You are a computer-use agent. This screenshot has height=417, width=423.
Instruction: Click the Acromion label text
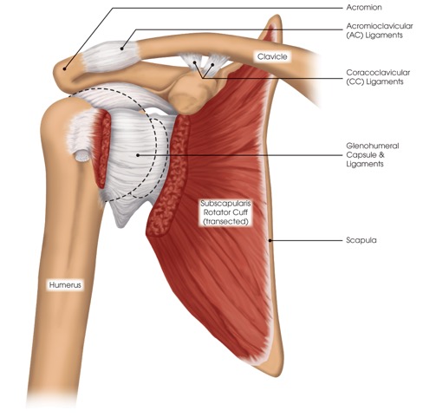(x=364, y=7)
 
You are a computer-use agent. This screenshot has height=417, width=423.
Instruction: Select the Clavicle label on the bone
(x=272, y=56)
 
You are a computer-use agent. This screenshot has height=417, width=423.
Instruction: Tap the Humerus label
(x=65, y=285)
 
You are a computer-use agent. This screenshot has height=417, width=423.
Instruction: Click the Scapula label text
(x=361, y=240)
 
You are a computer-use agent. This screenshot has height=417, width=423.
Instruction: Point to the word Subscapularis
(x=225, y=204)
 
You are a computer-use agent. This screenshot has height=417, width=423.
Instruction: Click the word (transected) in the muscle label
(x=225, y=222)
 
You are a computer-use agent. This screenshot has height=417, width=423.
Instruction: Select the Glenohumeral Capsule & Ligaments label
(x=373, y=155)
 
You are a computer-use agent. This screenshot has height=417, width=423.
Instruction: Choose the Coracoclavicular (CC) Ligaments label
(x=378, y=77)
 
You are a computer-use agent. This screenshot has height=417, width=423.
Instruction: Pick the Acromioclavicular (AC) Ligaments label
(x=380, y=30)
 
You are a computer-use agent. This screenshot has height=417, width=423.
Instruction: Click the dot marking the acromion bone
(x=65, y=68)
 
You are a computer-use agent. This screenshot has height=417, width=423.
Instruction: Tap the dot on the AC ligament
(x=122, y=49)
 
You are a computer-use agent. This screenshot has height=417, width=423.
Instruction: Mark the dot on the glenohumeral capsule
(x=138, y=155)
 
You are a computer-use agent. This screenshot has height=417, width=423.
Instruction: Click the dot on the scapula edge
(x=270, y=240)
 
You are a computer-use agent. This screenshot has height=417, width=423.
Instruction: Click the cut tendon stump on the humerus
(x=81, y=156)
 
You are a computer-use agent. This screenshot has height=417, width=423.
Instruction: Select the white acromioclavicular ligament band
(x=111, y=55)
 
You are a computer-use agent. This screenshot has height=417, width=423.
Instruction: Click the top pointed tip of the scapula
(x=277, y=16)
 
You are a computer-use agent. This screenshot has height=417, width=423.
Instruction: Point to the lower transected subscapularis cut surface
(x=167, y=176)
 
